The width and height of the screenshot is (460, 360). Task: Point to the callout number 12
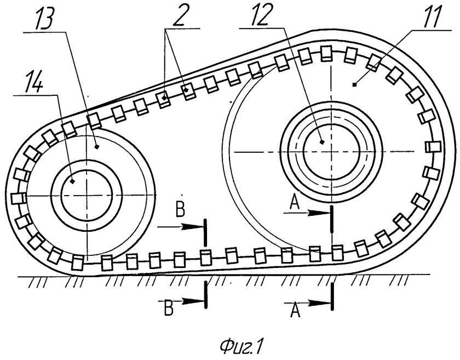pyautogui.click(x=258, y=16)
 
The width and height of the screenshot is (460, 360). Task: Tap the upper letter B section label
pyautogui.click(x=180, y=209)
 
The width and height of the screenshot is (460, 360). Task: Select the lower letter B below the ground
pyautogui.click(x=169, y=307)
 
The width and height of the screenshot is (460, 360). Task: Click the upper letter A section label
pyautogui.click(x=295, y=203)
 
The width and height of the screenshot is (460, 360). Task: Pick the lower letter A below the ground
pyautogui.click(x=295, y=310)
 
